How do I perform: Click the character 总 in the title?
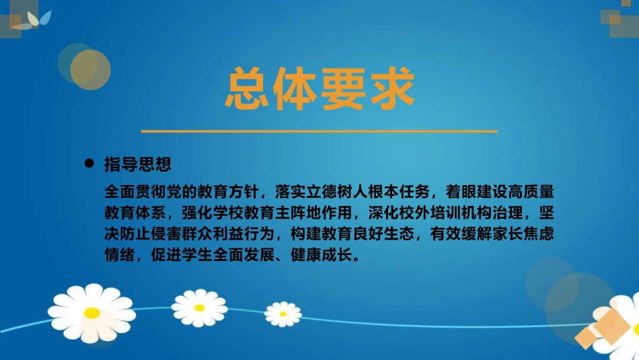pos(248,88)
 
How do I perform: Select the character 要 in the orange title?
pos(343,88)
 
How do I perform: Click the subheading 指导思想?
pos(139,164)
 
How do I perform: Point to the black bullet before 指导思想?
pos(88,164)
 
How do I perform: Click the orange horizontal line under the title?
pos(319,131)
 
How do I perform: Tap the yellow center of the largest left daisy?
pos(92,312)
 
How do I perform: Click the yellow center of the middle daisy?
pos(199,308)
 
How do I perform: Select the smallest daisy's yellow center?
pos(283,313)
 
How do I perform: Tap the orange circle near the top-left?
pos(91,69)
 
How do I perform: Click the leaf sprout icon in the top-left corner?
pos(34,20)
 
